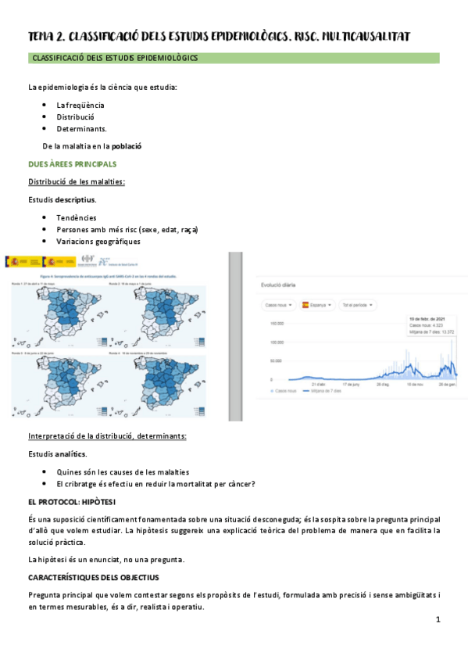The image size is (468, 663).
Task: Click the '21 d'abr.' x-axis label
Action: pos(318,385)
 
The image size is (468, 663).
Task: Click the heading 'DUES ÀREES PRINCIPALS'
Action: pos(72,164)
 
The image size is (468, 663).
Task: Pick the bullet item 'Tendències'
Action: pos(77,217)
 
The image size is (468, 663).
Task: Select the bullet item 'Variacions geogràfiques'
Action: pos(98,242)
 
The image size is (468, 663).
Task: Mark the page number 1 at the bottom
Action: pos(438,619)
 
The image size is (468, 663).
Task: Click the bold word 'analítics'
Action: pos(70,454)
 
